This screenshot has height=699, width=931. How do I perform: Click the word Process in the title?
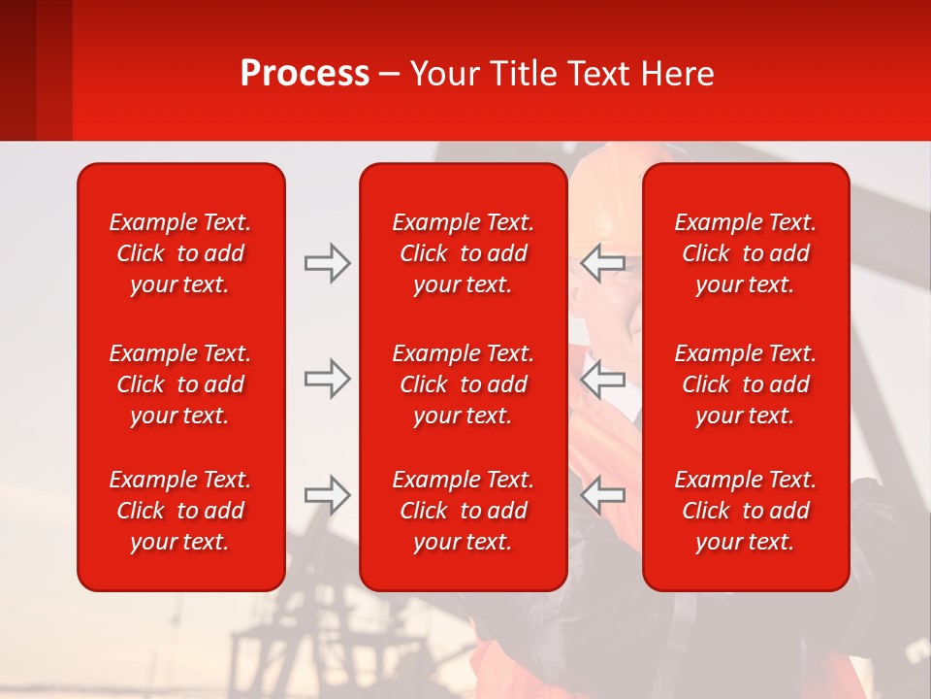pos(305,73)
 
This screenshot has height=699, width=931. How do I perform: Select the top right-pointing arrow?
pos(328,263)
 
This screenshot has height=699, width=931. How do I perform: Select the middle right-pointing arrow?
pos(328,379)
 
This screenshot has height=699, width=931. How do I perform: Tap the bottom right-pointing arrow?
pos(328,495)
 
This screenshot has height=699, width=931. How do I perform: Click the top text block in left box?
pos(180,253)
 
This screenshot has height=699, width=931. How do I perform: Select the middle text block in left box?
pos(180,384)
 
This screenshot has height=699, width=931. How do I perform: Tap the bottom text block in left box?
pos(180,511)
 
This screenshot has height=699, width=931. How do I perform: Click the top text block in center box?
pos(463,253)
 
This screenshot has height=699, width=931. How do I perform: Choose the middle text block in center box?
pos(463,384)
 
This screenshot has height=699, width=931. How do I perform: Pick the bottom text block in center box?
pos(463,511)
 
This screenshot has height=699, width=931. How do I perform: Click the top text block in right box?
pos(745,253)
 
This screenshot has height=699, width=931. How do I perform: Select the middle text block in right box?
pos(745,384)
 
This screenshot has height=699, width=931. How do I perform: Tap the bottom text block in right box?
pos(745,511)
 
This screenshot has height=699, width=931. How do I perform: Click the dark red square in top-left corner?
pos(17,70)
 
